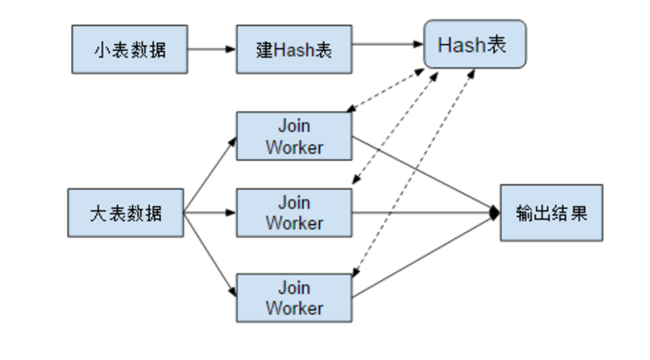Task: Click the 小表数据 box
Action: [x=129, y=49]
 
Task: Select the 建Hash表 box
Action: [x=294, y=49]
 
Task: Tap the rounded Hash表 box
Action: [x=475, y=45]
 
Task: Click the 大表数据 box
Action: [x=126, y=213]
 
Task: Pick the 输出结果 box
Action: [x=551, y=213]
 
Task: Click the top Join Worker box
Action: [x=294, y=136]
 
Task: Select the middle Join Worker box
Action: [x=294, y=213]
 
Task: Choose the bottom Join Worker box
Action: [x=294, y=297]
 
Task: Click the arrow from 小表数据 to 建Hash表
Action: [x=212, y=49]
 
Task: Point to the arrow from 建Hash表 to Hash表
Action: [x=387, y=45]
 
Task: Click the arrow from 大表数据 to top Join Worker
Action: [x=210, y=175]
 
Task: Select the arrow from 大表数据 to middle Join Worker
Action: [x=210, y=213]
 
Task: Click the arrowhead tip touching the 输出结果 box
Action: [x=496, y=213]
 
